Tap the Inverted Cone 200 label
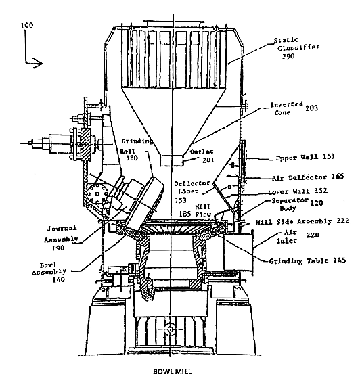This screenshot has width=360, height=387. [292, 109]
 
